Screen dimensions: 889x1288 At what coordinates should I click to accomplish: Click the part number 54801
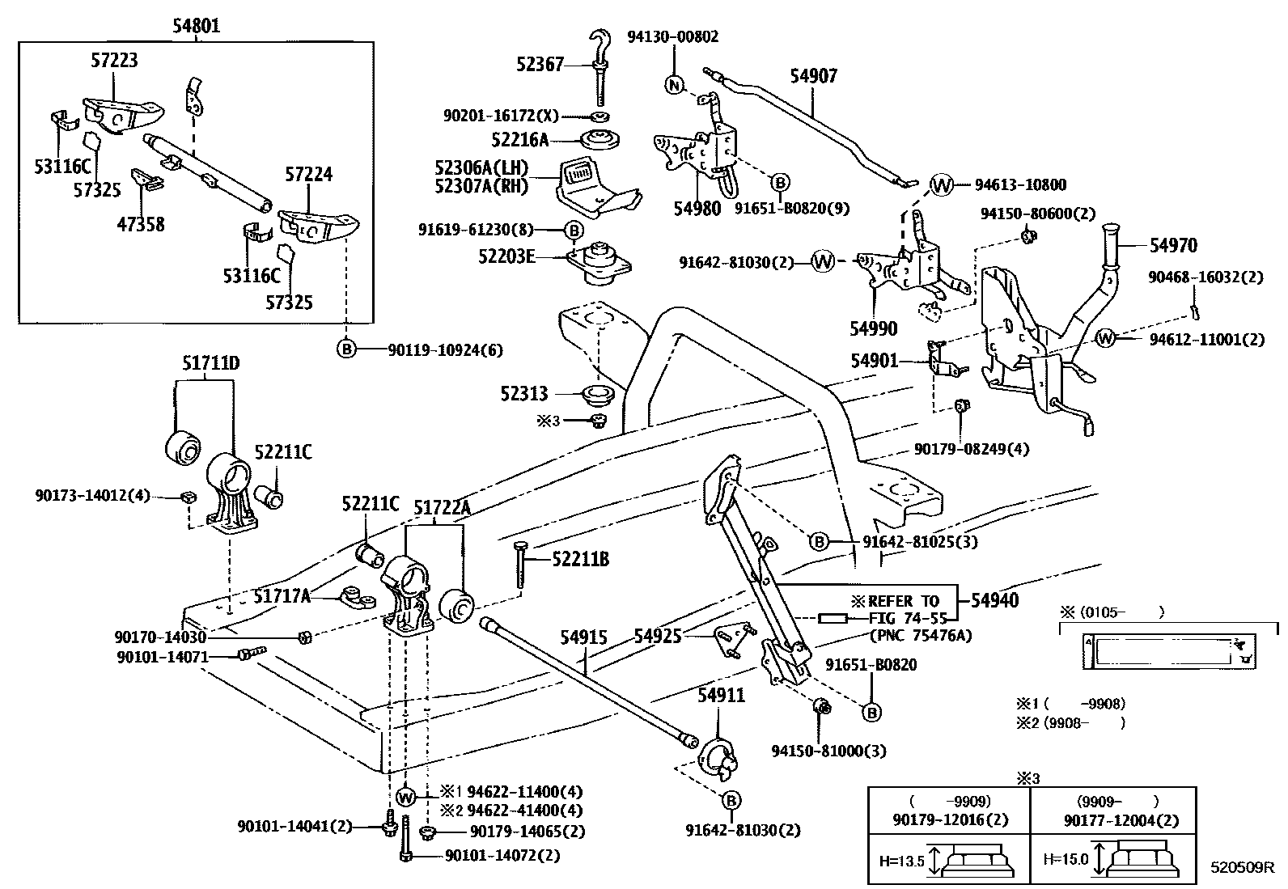point(196,26)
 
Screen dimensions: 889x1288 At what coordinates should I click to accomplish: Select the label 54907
point(813,76)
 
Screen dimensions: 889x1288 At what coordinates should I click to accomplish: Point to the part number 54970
point(1173,245)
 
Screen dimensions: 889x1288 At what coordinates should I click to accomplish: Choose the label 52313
point(523,394)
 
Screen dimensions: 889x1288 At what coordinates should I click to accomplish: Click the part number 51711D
point(210,364)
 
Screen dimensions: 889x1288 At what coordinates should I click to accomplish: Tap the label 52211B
point(580,559)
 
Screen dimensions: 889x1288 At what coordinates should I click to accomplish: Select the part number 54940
point(994,600)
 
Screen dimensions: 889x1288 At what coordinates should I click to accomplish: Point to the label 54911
point(721,696)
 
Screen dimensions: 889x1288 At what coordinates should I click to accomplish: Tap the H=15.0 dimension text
point(1065,858)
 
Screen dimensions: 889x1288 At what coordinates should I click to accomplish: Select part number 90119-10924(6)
point(445,350)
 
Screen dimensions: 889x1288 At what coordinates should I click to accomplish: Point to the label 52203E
point(507,257)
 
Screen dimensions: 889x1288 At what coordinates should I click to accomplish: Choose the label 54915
point(583,637)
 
